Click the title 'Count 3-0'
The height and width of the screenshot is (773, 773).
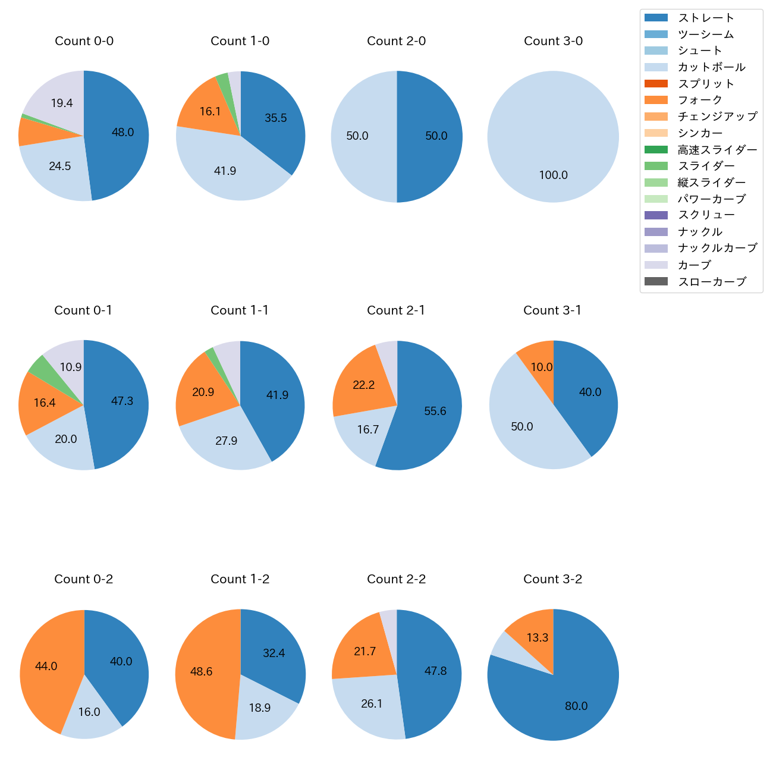point(553,41)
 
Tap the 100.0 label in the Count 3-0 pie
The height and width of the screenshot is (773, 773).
point(553,175)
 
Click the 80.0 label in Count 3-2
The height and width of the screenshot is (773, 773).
point(576,706)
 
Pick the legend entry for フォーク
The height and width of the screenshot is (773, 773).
point(699,100)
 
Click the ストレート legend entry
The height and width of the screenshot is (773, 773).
point(705,18)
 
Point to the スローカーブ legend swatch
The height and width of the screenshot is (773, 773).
point(656,281)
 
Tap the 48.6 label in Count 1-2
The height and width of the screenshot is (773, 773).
point(201,671)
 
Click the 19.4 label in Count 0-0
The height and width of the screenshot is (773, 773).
point(61,103)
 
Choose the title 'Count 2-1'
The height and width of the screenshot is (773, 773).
point(396,310)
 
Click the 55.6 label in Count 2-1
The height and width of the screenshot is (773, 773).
point(435,411)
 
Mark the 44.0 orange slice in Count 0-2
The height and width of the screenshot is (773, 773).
point(46,666)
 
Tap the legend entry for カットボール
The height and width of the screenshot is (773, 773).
point(711,67)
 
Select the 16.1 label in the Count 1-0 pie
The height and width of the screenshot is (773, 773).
point(210,111)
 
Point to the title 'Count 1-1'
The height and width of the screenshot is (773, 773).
point(240,310)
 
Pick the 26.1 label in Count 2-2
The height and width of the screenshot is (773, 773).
point(372,703)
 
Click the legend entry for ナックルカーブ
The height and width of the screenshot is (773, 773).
point(717,248)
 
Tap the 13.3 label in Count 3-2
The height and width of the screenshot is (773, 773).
point(537,637)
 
